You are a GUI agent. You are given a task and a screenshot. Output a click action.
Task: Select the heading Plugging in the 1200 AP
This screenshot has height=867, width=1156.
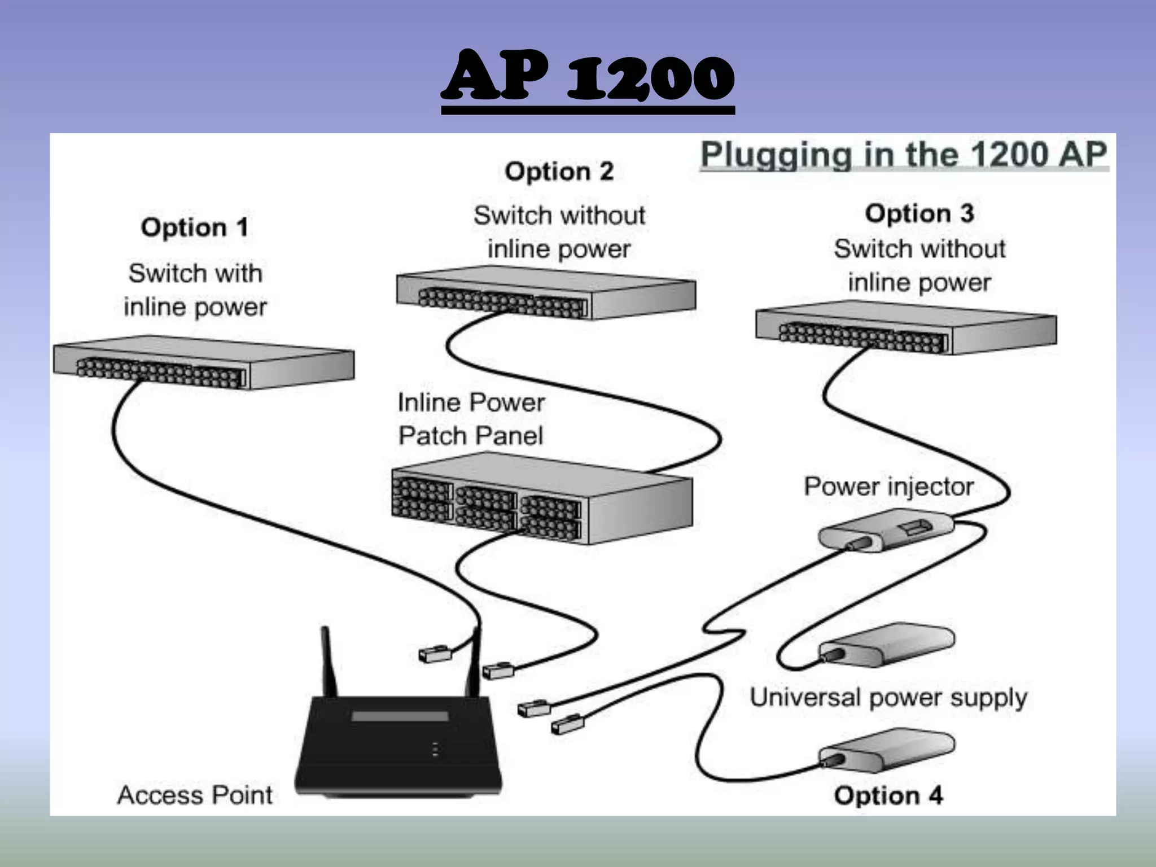tap(904, 155)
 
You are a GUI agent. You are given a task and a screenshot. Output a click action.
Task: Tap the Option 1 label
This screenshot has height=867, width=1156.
tap(194, 227)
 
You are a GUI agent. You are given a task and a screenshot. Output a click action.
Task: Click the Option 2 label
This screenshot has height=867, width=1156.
tap(559, 172)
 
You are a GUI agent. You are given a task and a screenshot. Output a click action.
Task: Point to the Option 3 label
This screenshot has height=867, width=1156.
tap(919, 214)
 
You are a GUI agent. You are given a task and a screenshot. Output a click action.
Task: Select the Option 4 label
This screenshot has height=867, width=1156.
tap(888, 795)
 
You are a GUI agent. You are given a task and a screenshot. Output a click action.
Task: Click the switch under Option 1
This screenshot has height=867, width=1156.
tap(203, 364)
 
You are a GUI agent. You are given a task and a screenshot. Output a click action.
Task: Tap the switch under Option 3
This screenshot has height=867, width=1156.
tap(905, 330)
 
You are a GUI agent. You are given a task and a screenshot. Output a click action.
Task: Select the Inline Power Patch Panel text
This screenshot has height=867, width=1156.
tap(471, 419)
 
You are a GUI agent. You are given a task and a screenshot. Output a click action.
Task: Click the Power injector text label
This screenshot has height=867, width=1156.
tap(888, 487)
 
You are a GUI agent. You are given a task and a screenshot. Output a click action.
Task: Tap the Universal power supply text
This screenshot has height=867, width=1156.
tap(888, 698)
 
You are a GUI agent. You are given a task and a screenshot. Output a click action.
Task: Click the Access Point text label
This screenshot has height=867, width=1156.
tap(195, 795)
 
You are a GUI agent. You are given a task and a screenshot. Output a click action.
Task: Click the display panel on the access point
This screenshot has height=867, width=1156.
tap(400, 716)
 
